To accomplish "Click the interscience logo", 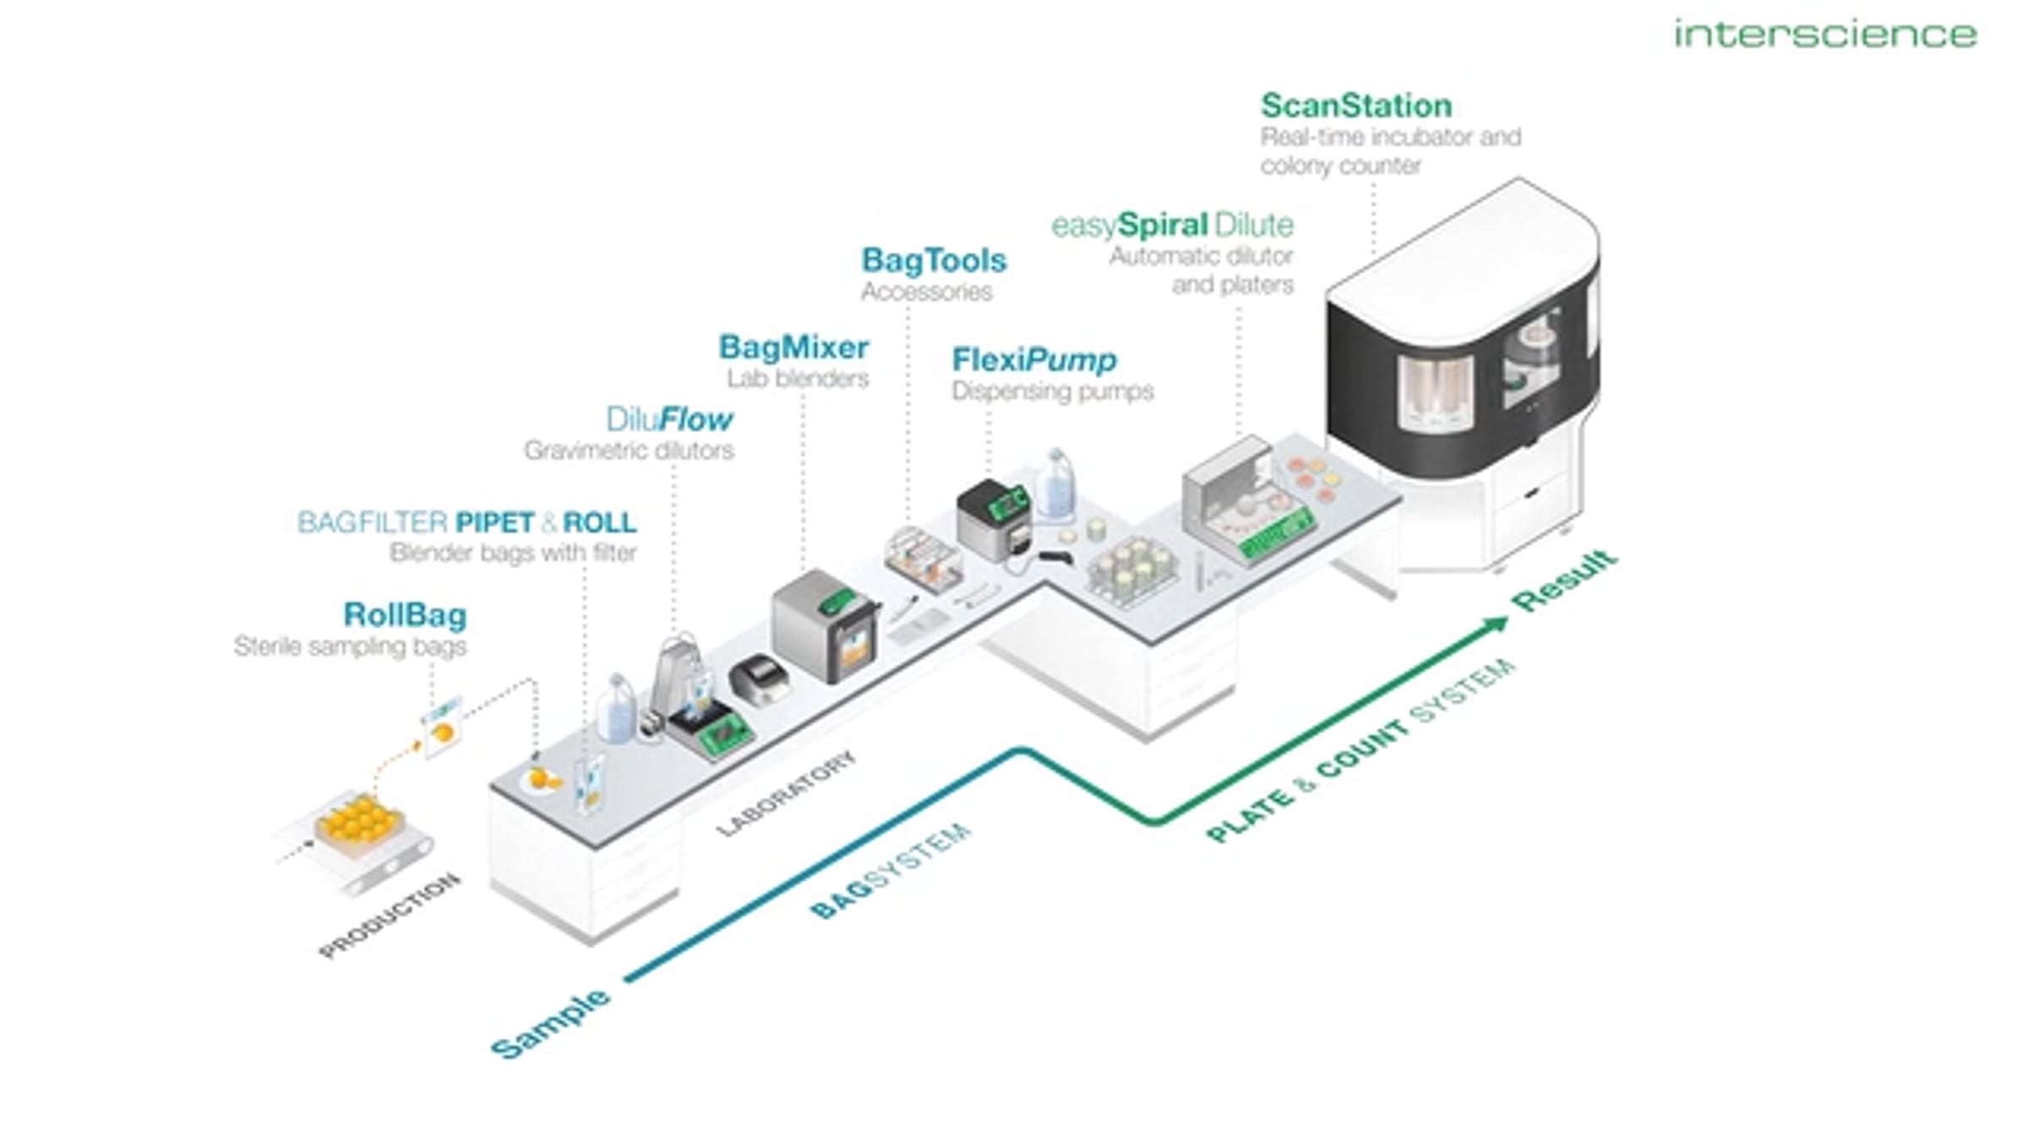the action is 1825,34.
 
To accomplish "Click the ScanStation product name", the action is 1356,106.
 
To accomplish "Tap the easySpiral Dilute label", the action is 1172,225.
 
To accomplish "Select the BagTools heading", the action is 934,260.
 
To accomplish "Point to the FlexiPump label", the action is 1033,360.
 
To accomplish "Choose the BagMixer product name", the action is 793,347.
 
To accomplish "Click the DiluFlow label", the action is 669,419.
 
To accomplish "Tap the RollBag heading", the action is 405,615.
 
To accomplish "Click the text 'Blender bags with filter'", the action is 513,553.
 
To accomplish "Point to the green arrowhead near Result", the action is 1496,625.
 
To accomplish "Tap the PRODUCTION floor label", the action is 390,916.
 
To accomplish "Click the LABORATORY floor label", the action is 786,794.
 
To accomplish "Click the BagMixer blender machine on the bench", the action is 826,625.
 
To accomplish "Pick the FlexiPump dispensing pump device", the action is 995,519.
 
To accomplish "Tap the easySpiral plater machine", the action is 1248,500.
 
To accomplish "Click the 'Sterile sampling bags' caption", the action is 350,647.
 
